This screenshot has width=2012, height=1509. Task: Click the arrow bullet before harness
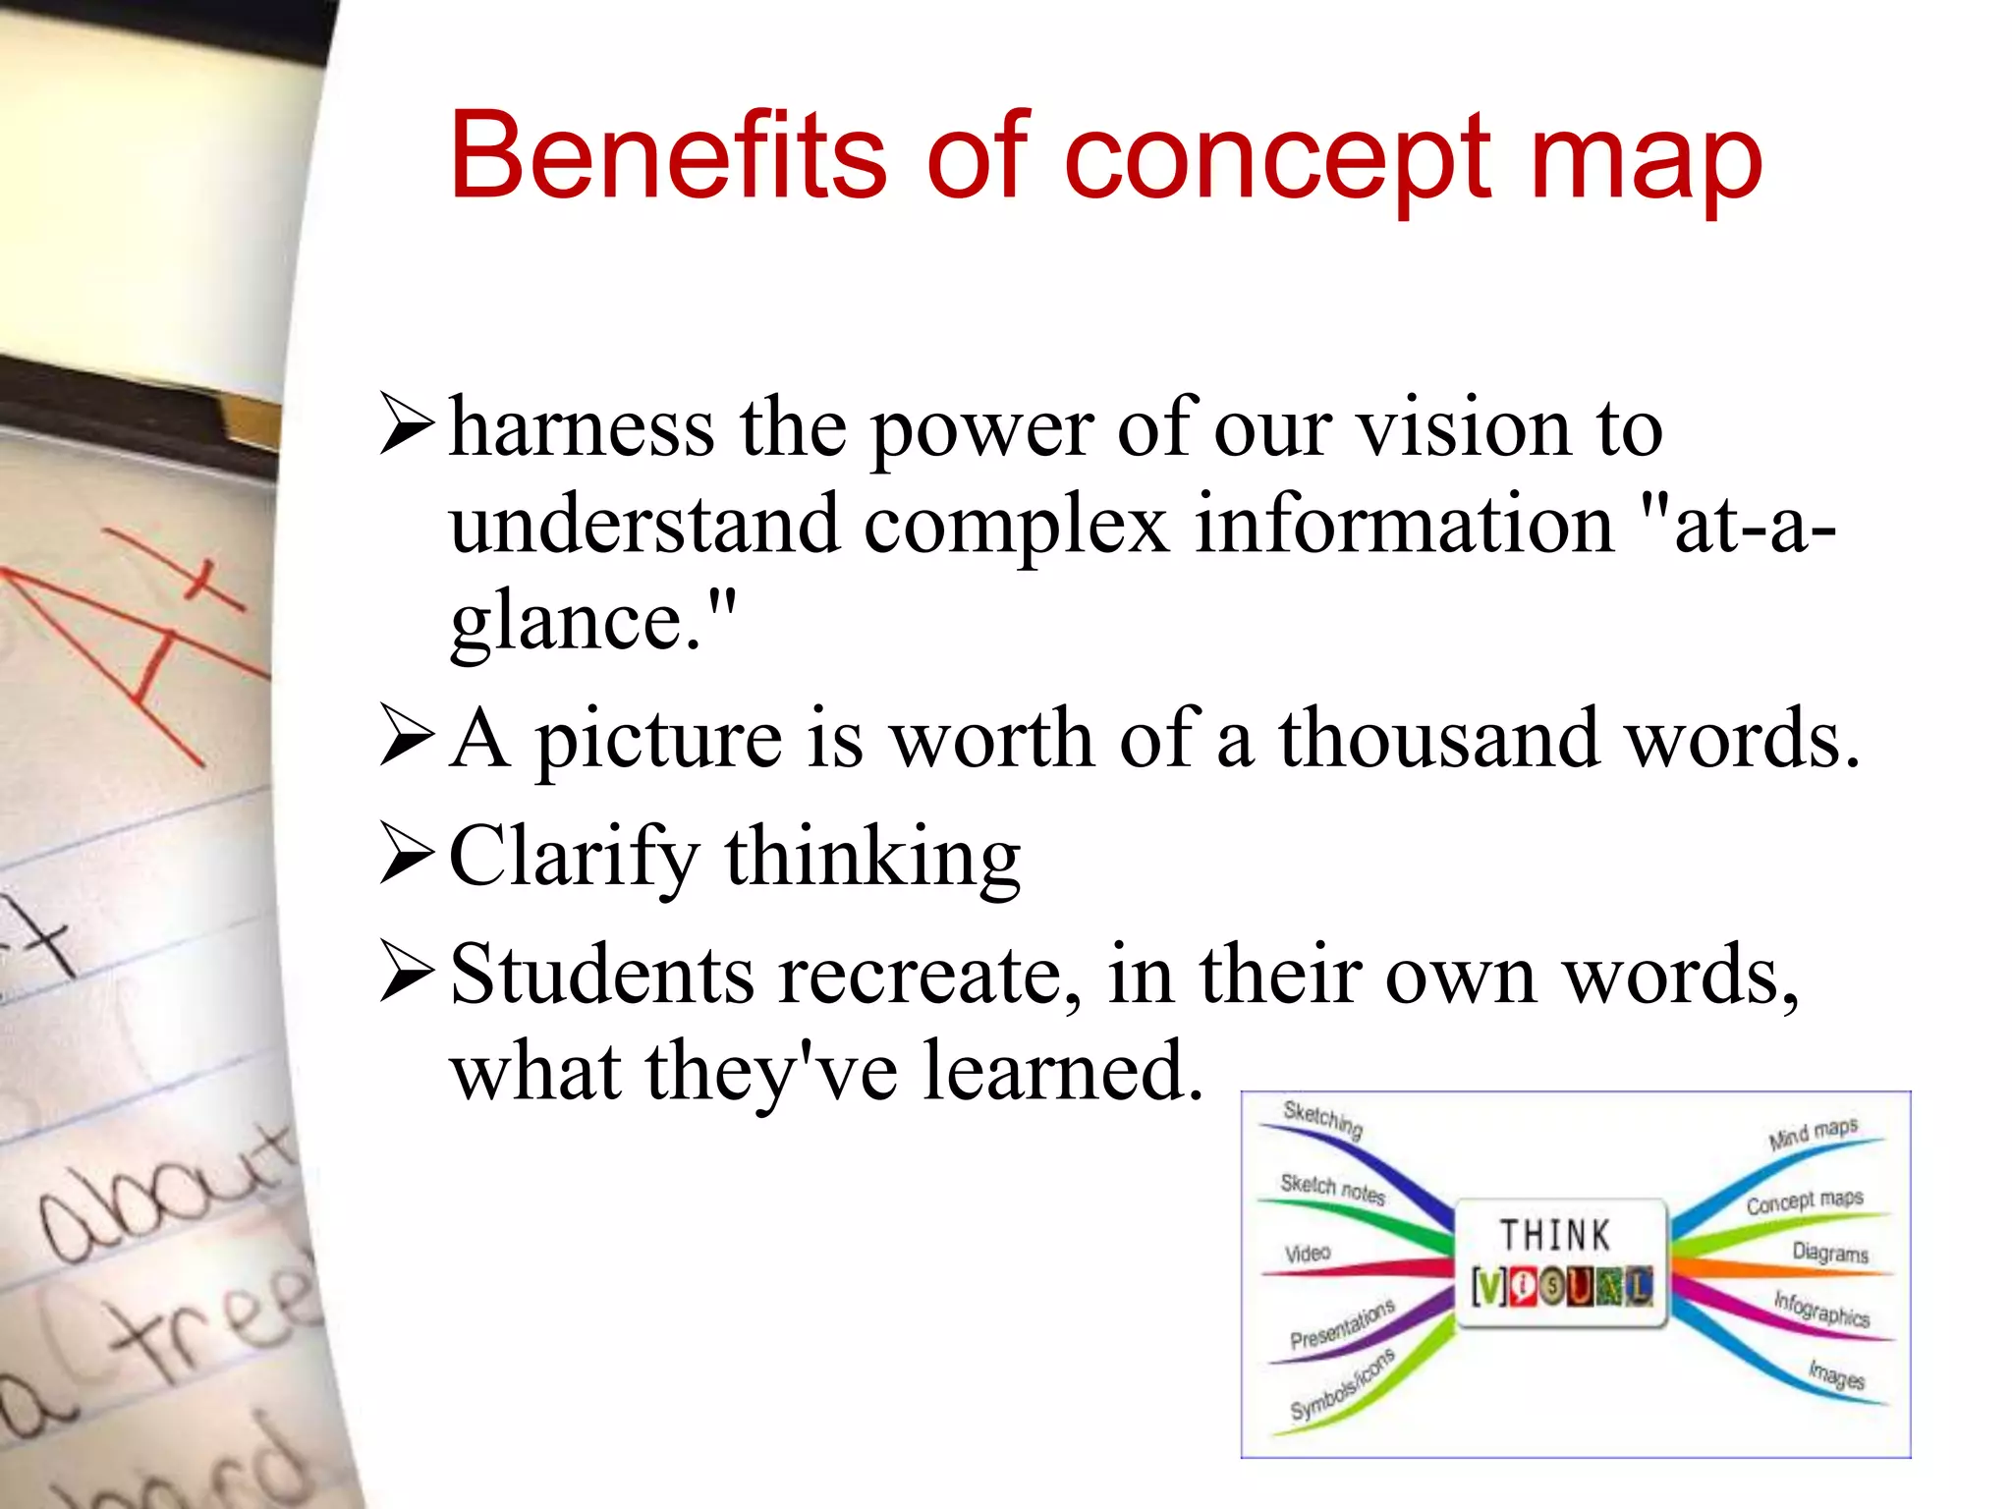point(407,424)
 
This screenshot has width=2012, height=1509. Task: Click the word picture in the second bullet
point(658,740)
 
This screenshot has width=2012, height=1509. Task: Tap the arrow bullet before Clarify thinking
point(407,856)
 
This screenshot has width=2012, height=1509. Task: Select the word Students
point(602,974)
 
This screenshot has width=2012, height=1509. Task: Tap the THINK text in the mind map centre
point(1555,1236)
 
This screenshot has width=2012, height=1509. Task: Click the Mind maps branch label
point(1813,1133)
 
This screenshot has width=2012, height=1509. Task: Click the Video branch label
point(1308,1254)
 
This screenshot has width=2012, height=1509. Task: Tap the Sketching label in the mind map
point(1323,1118)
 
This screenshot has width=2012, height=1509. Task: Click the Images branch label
point(1836,1373)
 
